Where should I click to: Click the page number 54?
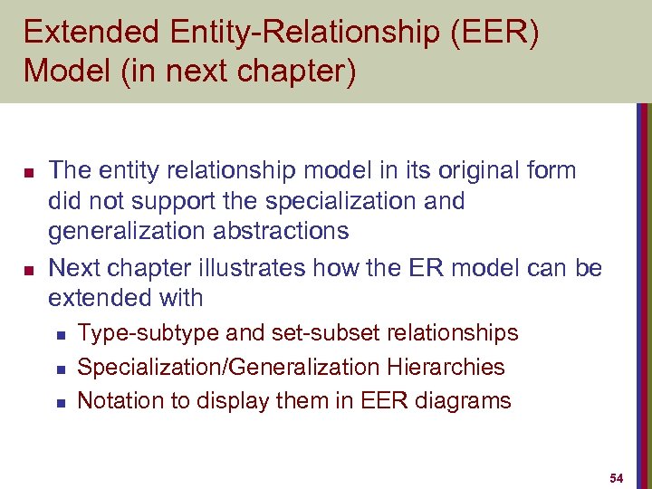coord(617,477)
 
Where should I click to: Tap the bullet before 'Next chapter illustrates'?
coord(28,269)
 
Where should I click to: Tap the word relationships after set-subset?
coord(453,333)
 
